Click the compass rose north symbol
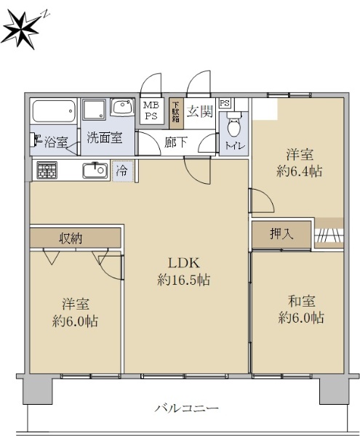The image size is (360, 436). click(x=21, y=28)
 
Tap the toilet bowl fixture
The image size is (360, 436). click(x=233, y=124)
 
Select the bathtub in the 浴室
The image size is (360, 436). click(x=54, y=111)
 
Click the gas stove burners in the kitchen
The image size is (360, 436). click(x=47, y=170)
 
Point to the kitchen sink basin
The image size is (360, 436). click(x=95, y=171)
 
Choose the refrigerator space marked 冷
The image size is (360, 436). click(x=123, y=171)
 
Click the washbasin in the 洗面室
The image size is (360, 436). click(x=122, y=107)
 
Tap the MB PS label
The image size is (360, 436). click(x=151, y=110)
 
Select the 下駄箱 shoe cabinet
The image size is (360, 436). click(x=177, y=113)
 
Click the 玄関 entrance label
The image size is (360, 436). click(x=200, y=111)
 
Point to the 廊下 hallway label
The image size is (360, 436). click(x=176, y=142)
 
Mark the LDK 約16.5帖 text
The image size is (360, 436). click(x=183, y=271)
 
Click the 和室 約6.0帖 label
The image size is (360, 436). click(x=301, y=310)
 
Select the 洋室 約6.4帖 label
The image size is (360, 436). click(x=300, y=163)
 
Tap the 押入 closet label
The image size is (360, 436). click(x=281, y=233)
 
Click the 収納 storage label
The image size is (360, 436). click(x=71, y=238)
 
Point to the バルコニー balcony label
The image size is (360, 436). click(x=187, y=408)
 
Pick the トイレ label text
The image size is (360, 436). click(x=235, y=146)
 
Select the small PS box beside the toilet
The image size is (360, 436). click(x=225, y=103)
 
